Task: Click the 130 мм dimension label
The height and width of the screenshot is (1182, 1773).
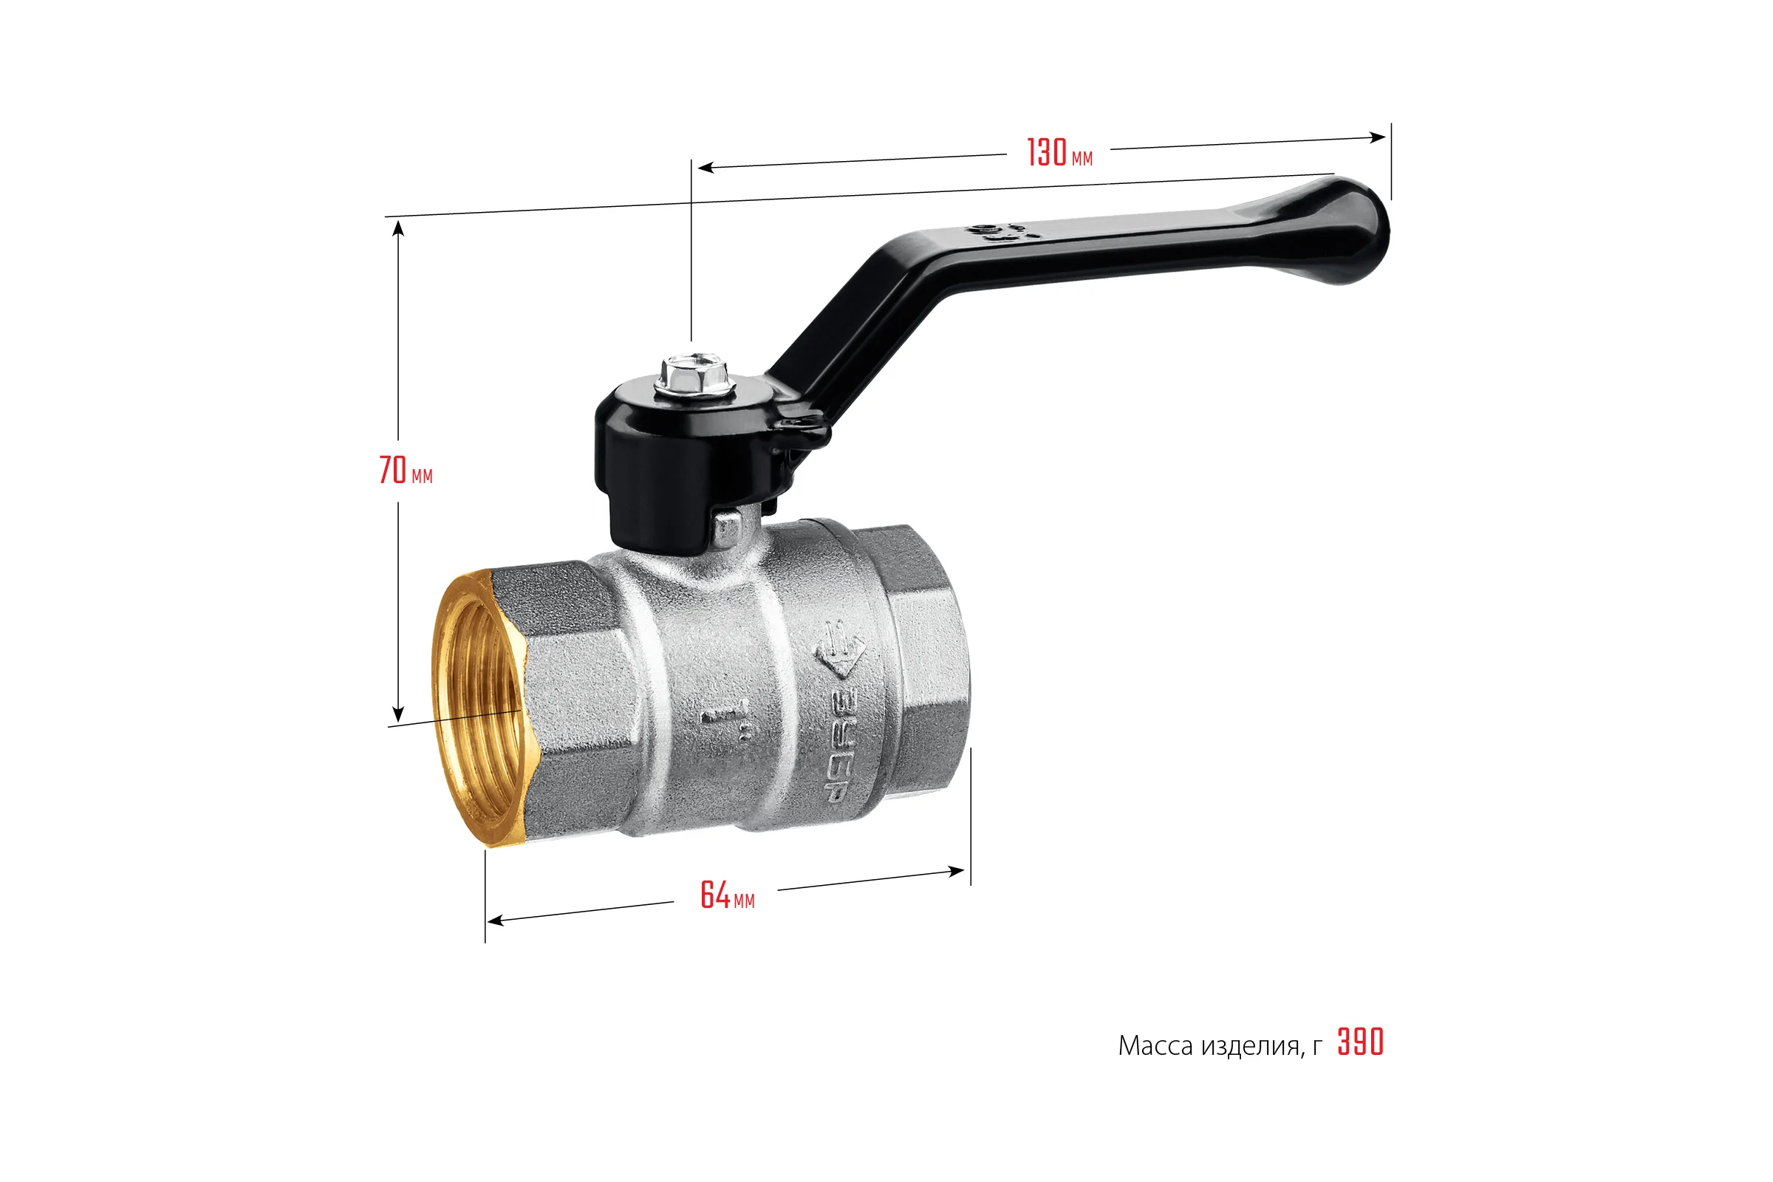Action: [x=1060, y=152]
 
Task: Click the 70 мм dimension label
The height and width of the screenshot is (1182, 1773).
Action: [x=406, y=471]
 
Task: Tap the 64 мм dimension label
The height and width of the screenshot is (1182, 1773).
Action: [x=728, y=895]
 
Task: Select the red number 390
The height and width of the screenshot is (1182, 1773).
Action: [x=1361, y=1042]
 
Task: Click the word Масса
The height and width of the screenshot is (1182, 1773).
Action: [x=1155, y=1045]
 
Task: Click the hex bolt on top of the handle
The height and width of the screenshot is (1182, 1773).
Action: [x=694, y=374]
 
